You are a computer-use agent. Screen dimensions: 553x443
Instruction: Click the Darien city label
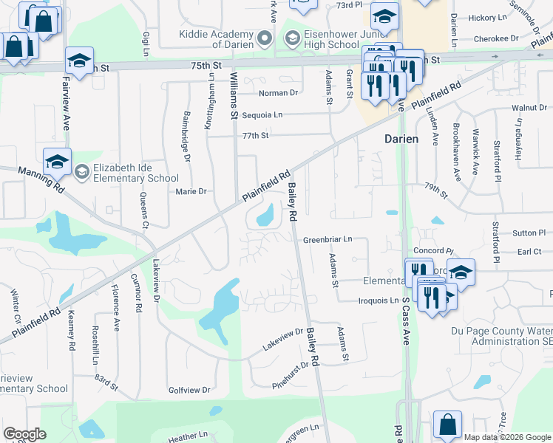[x=401, y=139]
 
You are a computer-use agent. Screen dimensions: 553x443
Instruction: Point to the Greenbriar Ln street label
[x=328, y=240]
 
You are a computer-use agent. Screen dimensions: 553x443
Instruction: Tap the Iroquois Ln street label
[x=379, y=301]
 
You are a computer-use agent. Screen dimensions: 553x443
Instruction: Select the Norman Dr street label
[x=278, y=93]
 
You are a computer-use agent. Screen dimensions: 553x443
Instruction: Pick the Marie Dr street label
[x=191, y=191]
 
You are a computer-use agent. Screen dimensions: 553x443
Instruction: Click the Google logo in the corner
[x=24, y=434]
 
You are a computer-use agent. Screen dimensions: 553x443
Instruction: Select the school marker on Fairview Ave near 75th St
[x=79, y=61]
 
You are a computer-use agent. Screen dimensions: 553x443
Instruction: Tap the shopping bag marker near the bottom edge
[x=447, y=425]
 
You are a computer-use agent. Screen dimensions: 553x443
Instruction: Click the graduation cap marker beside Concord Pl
[x=461, y=273]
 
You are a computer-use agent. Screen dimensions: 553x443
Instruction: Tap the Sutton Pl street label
[x=529, y=233]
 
